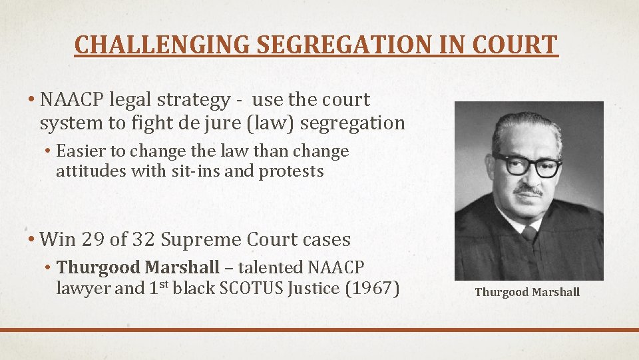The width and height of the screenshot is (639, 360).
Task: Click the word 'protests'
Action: pyautogui.click(x=291, y=172)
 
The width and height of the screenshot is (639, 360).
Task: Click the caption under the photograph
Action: pyautogui.click(x=527, y=292)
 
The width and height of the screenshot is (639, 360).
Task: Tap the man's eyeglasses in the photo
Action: pyautogui.click(x=527, y=165)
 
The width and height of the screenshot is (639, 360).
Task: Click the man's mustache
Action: pyautogui.click(x=528, y=191)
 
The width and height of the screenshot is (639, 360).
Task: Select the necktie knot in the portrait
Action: pyautogui.click(x=529, y=233)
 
